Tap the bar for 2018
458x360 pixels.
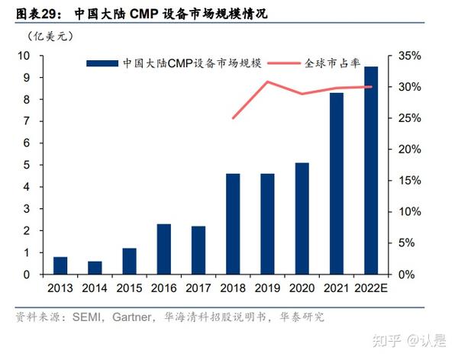[x=233, y=223]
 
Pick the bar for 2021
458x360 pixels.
[x=337, y=183]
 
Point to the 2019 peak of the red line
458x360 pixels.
[x=267, y=82]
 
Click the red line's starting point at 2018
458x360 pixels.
[x=233, y=118]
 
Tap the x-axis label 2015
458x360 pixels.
[x=129, y=288]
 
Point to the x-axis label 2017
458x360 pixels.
[x=198, y=288]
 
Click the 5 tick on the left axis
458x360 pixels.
[x=27, y=165]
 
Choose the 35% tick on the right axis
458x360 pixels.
[x=408, y=56]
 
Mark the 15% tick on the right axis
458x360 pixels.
[x=408, y=181]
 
